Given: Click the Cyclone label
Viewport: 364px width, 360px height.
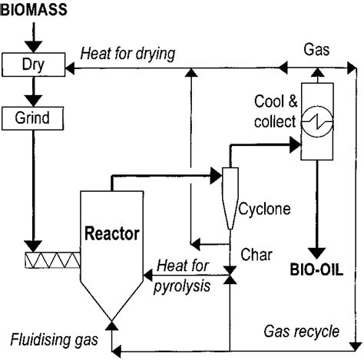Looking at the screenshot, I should pyautogui.click(x=263, y=208).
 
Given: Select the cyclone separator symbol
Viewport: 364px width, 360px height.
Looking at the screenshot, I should pyautogui.click(x=230, y=195).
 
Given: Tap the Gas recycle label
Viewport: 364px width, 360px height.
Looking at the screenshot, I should pyautogui.click(x=301, y=332).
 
